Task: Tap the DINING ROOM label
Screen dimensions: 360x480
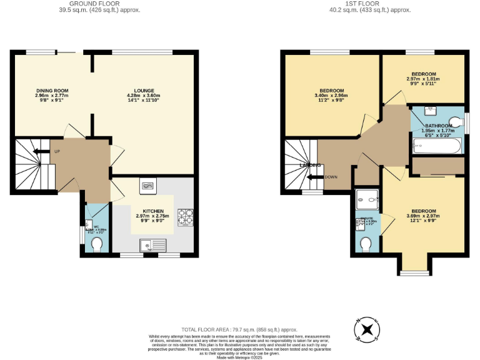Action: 52,91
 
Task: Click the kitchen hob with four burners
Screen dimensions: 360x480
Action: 185,216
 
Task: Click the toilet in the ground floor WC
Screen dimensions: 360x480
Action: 97,246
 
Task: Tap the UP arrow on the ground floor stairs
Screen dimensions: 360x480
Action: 41,151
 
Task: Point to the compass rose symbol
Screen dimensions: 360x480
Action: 368,329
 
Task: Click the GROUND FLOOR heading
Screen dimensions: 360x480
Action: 99,4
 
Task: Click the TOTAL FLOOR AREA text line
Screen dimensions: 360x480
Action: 239,329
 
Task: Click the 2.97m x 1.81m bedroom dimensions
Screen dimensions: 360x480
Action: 423,79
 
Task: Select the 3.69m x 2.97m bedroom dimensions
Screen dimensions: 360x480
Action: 423,216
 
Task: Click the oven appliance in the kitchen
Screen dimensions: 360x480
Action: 148,186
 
